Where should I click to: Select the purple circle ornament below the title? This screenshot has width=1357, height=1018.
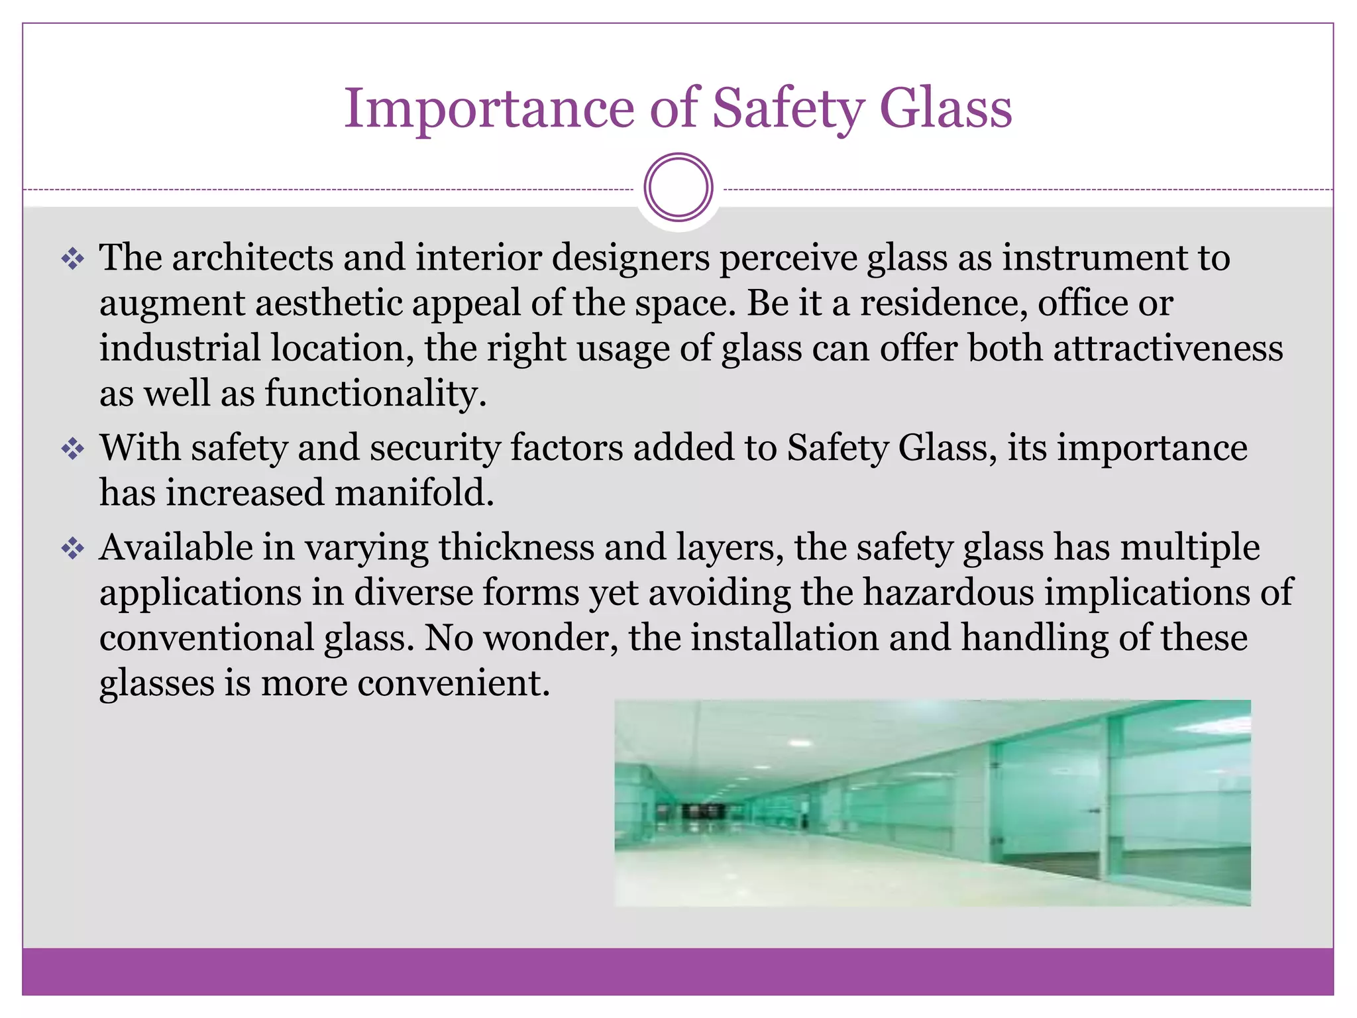(x=678, y=188)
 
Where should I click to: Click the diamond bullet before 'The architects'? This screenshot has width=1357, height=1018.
(x=73, y=258)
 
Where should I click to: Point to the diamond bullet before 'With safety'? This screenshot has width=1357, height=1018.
(x=73, y=449)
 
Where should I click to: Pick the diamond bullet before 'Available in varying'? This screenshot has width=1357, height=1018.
(x=73, y=549)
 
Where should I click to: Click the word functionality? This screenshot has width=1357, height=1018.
(x=376, y=393)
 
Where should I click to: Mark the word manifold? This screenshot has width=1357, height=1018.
(x=414, y=493)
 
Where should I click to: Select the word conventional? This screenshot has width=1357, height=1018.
(x=207, y=638)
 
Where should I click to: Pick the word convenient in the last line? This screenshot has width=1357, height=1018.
(x=454, y=683)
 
